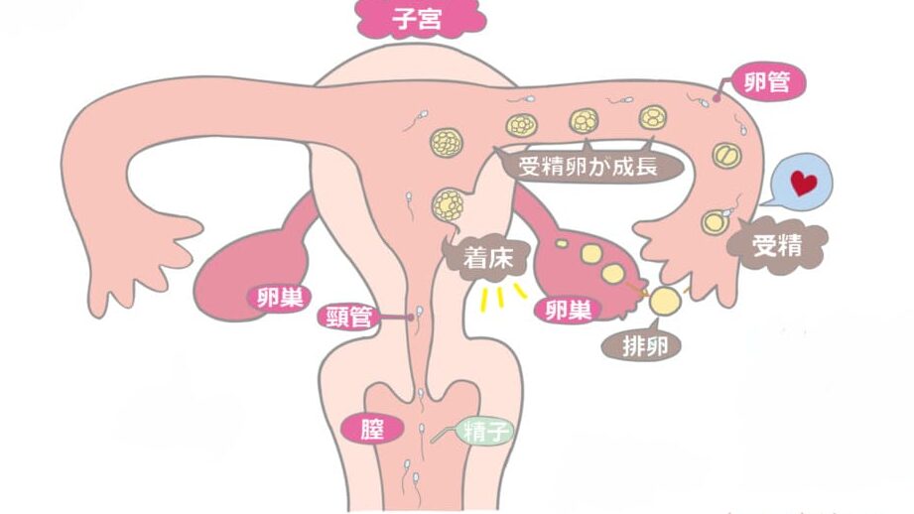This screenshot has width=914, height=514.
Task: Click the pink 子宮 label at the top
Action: pos(420,18)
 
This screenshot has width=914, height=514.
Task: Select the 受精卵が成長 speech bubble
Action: pos(588,166)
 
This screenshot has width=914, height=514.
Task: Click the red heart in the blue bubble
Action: pos(803,183)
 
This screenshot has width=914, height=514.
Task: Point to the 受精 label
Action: pos(777,245)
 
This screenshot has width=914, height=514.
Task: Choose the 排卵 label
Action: pos(642,346)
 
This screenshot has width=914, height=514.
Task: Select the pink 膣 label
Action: pos(372,430)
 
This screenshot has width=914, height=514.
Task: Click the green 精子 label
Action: pos(485,433)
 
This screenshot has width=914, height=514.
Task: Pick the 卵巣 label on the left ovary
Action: pos(280,299)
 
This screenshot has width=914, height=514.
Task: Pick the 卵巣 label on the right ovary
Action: pos(568,310)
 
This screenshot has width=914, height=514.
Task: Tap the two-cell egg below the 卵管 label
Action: pos(726,156)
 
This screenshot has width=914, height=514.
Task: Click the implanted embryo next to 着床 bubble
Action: pos(449,204)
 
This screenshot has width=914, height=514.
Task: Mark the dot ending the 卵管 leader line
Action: pos(717,98)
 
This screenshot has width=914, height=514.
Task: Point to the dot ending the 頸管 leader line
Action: pos(411,318)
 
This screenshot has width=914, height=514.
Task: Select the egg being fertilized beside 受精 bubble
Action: pos(715,222)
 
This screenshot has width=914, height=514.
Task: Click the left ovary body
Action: pos(251,268)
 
